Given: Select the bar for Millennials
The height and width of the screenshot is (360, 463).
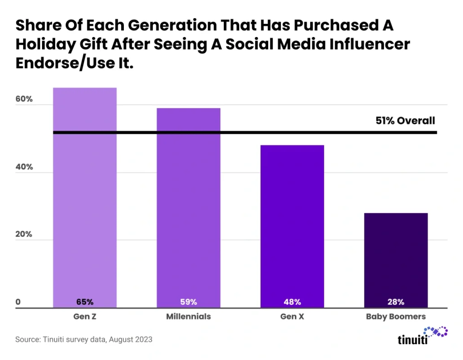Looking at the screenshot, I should [189, 208].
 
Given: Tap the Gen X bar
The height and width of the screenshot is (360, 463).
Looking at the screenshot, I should [292, 226].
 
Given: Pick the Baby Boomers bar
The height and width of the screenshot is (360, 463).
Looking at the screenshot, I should [396, 260].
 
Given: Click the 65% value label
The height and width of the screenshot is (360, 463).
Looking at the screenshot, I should [85, 302].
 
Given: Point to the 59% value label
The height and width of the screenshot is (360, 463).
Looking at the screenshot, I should [189, 302].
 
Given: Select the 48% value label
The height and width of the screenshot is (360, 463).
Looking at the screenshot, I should [292, 302].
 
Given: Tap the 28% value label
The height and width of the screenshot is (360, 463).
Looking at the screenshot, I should [396, 302].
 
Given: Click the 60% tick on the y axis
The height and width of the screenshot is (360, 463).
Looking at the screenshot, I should [24, 99].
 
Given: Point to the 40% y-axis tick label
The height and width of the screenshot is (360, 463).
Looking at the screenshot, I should [24, 167].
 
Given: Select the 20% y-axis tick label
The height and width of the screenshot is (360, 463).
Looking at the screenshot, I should [24, 235].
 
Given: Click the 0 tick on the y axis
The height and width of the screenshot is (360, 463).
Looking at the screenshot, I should [19, 302].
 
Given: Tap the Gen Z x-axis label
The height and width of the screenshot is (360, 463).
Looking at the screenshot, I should [85, 317].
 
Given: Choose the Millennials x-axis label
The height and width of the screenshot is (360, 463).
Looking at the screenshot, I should [189, 317].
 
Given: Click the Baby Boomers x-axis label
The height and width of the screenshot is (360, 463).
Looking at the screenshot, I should [396, 317].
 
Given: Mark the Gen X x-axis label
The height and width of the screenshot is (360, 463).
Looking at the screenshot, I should [292, 317].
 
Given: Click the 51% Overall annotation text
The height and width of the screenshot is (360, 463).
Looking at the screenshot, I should [405, 121].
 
